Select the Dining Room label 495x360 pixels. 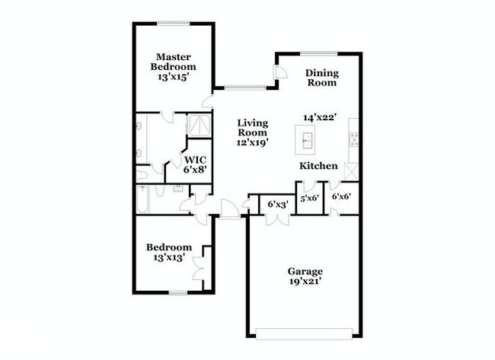[x=321, y=78]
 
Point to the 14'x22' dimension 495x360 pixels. [x=320, y=117]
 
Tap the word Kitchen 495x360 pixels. [x=318, y=165]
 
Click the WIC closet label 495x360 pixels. [x=195, y=160]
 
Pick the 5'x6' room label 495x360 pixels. [x=309, y=198]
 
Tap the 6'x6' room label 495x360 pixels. [x=342, y=196]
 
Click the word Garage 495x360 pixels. [x=305, y=271]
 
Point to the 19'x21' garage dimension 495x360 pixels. [x=305, y=282]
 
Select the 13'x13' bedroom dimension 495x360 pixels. [x=168, y=259]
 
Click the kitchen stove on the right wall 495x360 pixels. [x=353, y=139]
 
